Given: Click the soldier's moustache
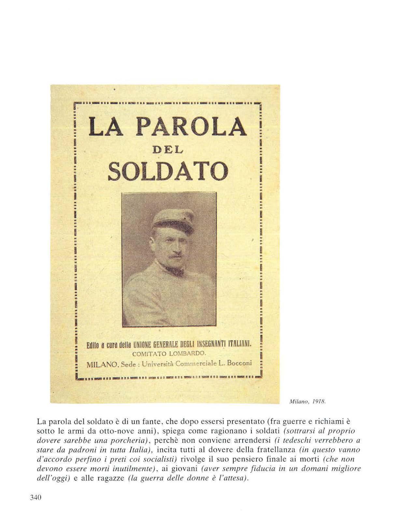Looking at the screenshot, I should tap(175, 256).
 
